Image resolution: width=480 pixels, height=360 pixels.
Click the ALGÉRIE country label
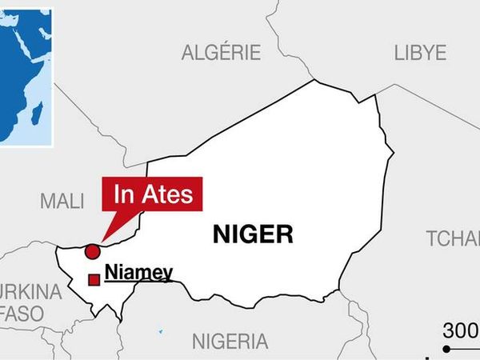point(221,54)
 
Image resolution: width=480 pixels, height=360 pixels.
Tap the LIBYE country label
point(420,54)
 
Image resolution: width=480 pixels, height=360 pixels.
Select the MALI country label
point(61,201)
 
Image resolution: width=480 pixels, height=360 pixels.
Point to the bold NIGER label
point(253,234)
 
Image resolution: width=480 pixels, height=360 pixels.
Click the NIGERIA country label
point(230,342)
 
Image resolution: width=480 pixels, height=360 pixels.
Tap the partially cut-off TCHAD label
point(453,238)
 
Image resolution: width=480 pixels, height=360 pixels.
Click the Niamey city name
point(138,273)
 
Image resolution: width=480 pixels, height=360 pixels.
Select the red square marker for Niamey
point(94,279)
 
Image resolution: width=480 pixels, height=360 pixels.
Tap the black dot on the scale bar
point(447,350)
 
